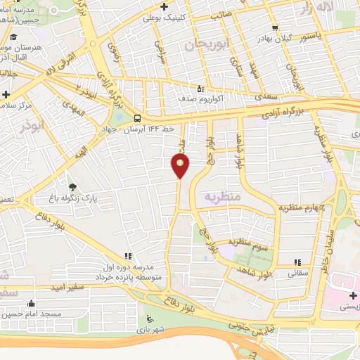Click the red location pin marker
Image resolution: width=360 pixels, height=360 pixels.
[x=181, y=165]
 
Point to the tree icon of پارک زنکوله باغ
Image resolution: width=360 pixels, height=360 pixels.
[x=73, y=186]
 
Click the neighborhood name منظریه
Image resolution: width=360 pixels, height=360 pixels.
[x=222, y=198]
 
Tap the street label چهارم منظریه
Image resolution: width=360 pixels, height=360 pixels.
[x=302, y=207]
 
